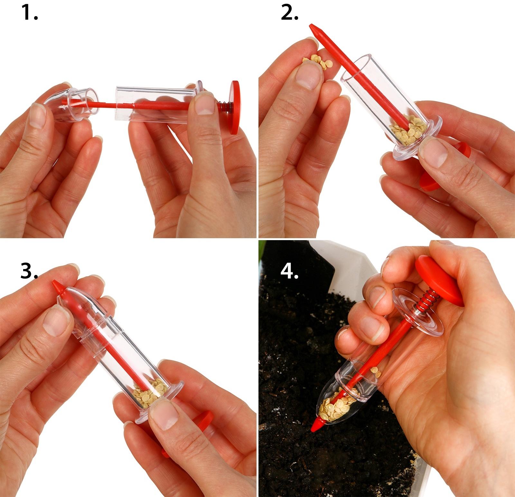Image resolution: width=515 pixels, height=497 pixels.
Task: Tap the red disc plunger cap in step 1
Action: (x=234, y=107)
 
